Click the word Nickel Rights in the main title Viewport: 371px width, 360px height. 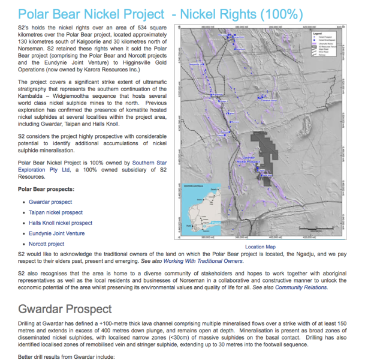coord(252,13)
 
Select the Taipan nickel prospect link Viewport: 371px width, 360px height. coord(55,212)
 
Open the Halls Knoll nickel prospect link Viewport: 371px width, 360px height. coord(61,223)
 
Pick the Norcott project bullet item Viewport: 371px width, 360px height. coord(46,244)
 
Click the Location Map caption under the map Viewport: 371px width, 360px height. coord(260,247)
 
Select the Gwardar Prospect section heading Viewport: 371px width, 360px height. coord(65,309)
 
